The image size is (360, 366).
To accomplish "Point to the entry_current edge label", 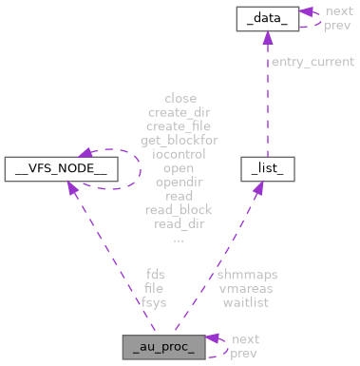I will click(309, 62).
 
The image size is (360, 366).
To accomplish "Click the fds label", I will click(154, 275).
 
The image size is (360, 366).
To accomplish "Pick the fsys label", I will click(154, 302).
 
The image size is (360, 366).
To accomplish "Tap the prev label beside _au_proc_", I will click(245, 354).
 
